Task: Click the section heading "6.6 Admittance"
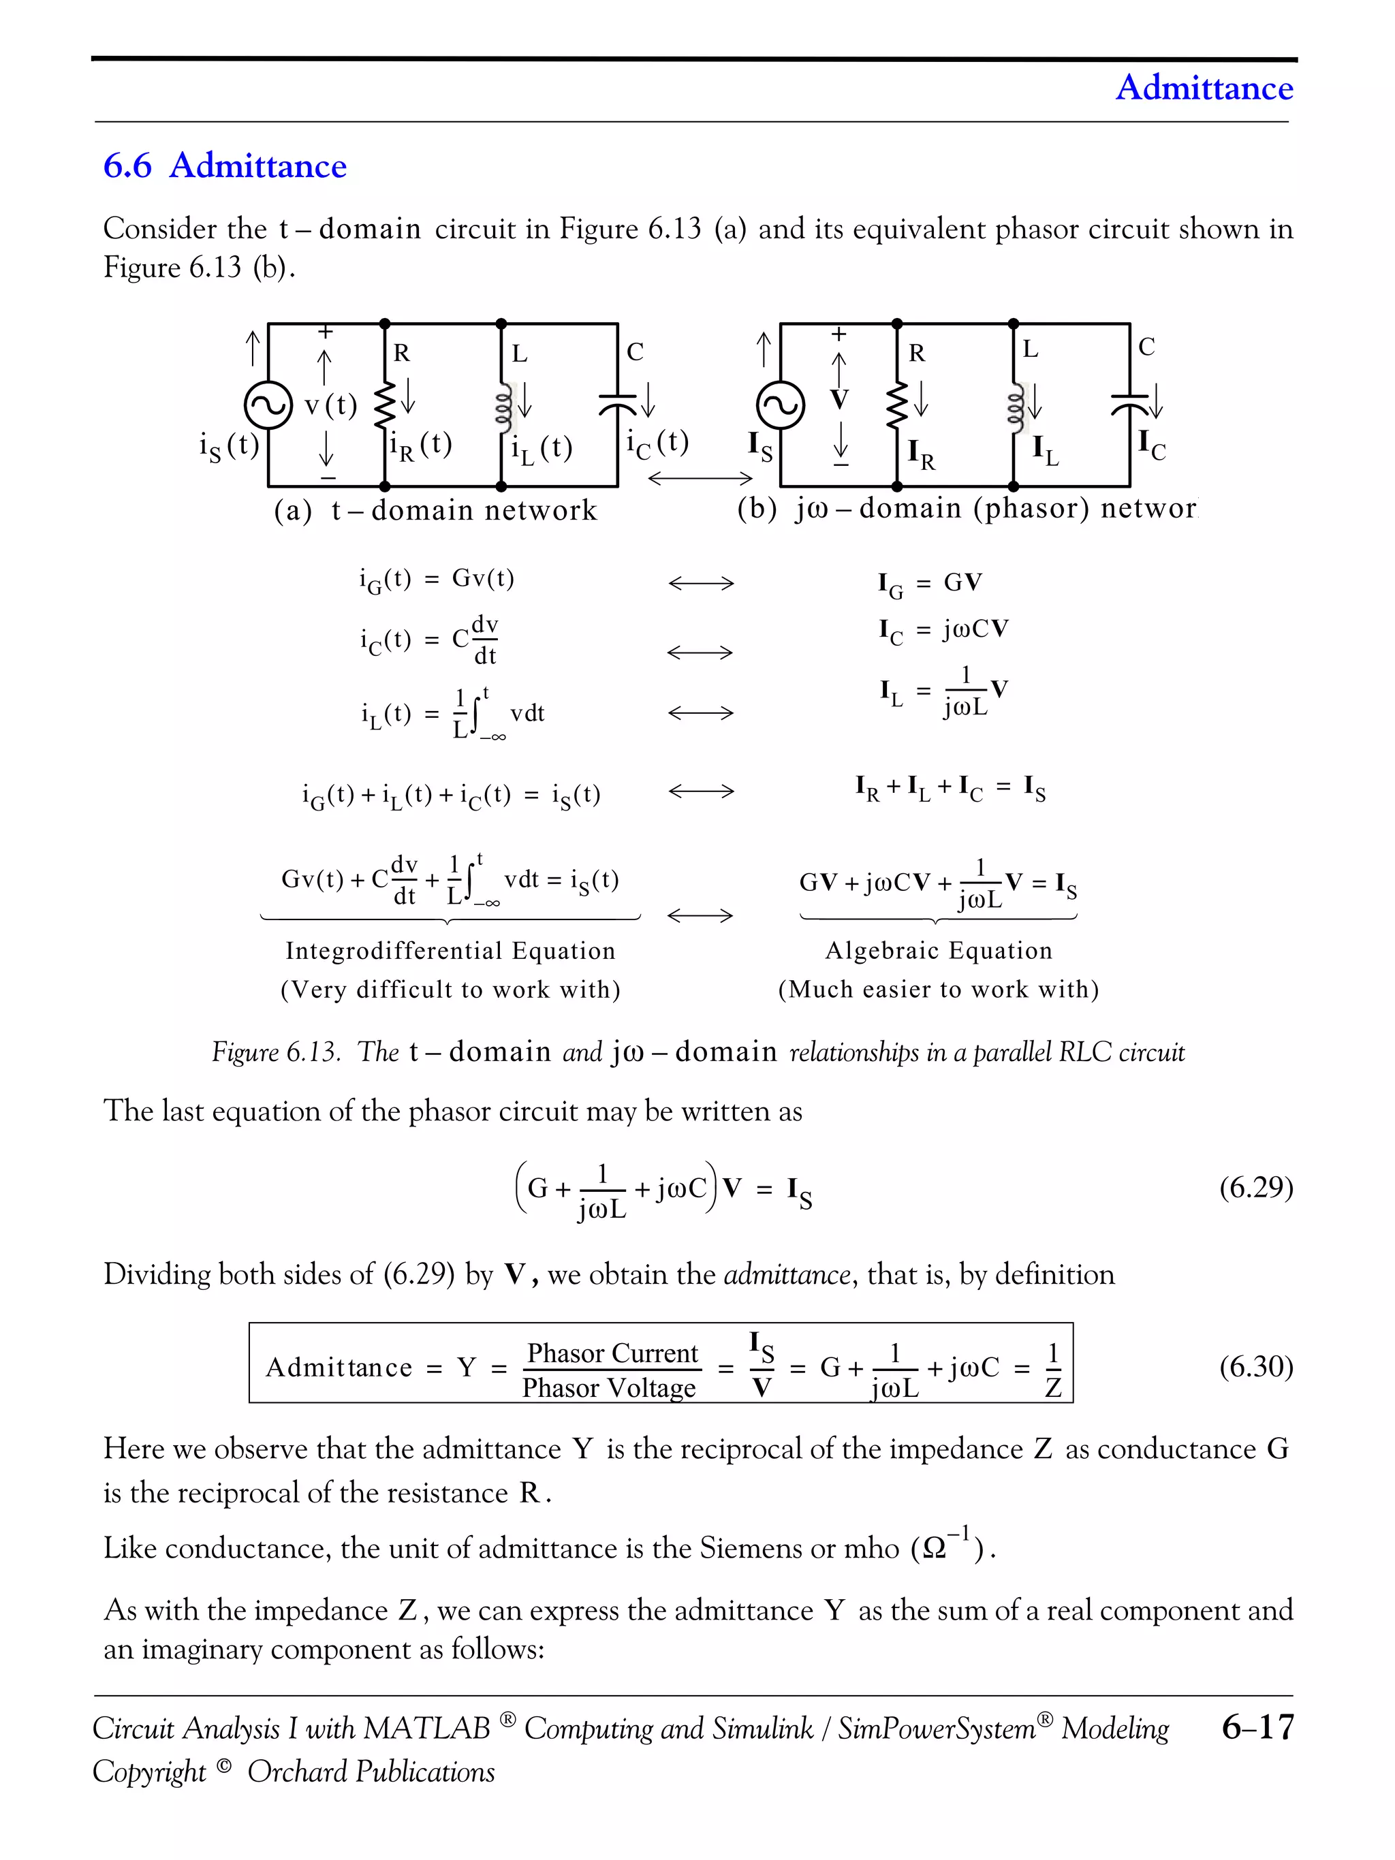coord(225,165)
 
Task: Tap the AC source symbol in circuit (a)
coord(268,405)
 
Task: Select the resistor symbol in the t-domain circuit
coord(384,405)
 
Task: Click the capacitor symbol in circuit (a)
coord(618,405)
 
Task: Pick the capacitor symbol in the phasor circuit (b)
coord(1129,404)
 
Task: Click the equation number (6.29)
coord(1255,1186)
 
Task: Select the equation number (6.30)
coord(1255,1366)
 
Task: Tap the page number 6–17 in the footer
coord(1258,1727)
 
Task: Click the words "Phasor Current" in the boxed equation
coord(612,1352)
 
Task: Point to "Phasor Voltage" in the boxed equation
coord(609,1387)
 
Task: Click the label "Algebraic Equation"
coord(939,950)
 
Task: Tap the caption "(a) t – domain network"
coord(435,510)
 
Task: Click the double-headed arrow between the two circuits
coord(700,479)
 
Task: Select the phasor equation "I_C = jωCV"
coord(943,631)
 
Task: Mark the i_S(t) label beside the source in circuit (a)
coord(228,445)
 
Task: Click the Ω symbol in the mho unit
coord(935,1548)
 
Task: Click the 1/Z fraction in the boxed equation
coord(1053,1369)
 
